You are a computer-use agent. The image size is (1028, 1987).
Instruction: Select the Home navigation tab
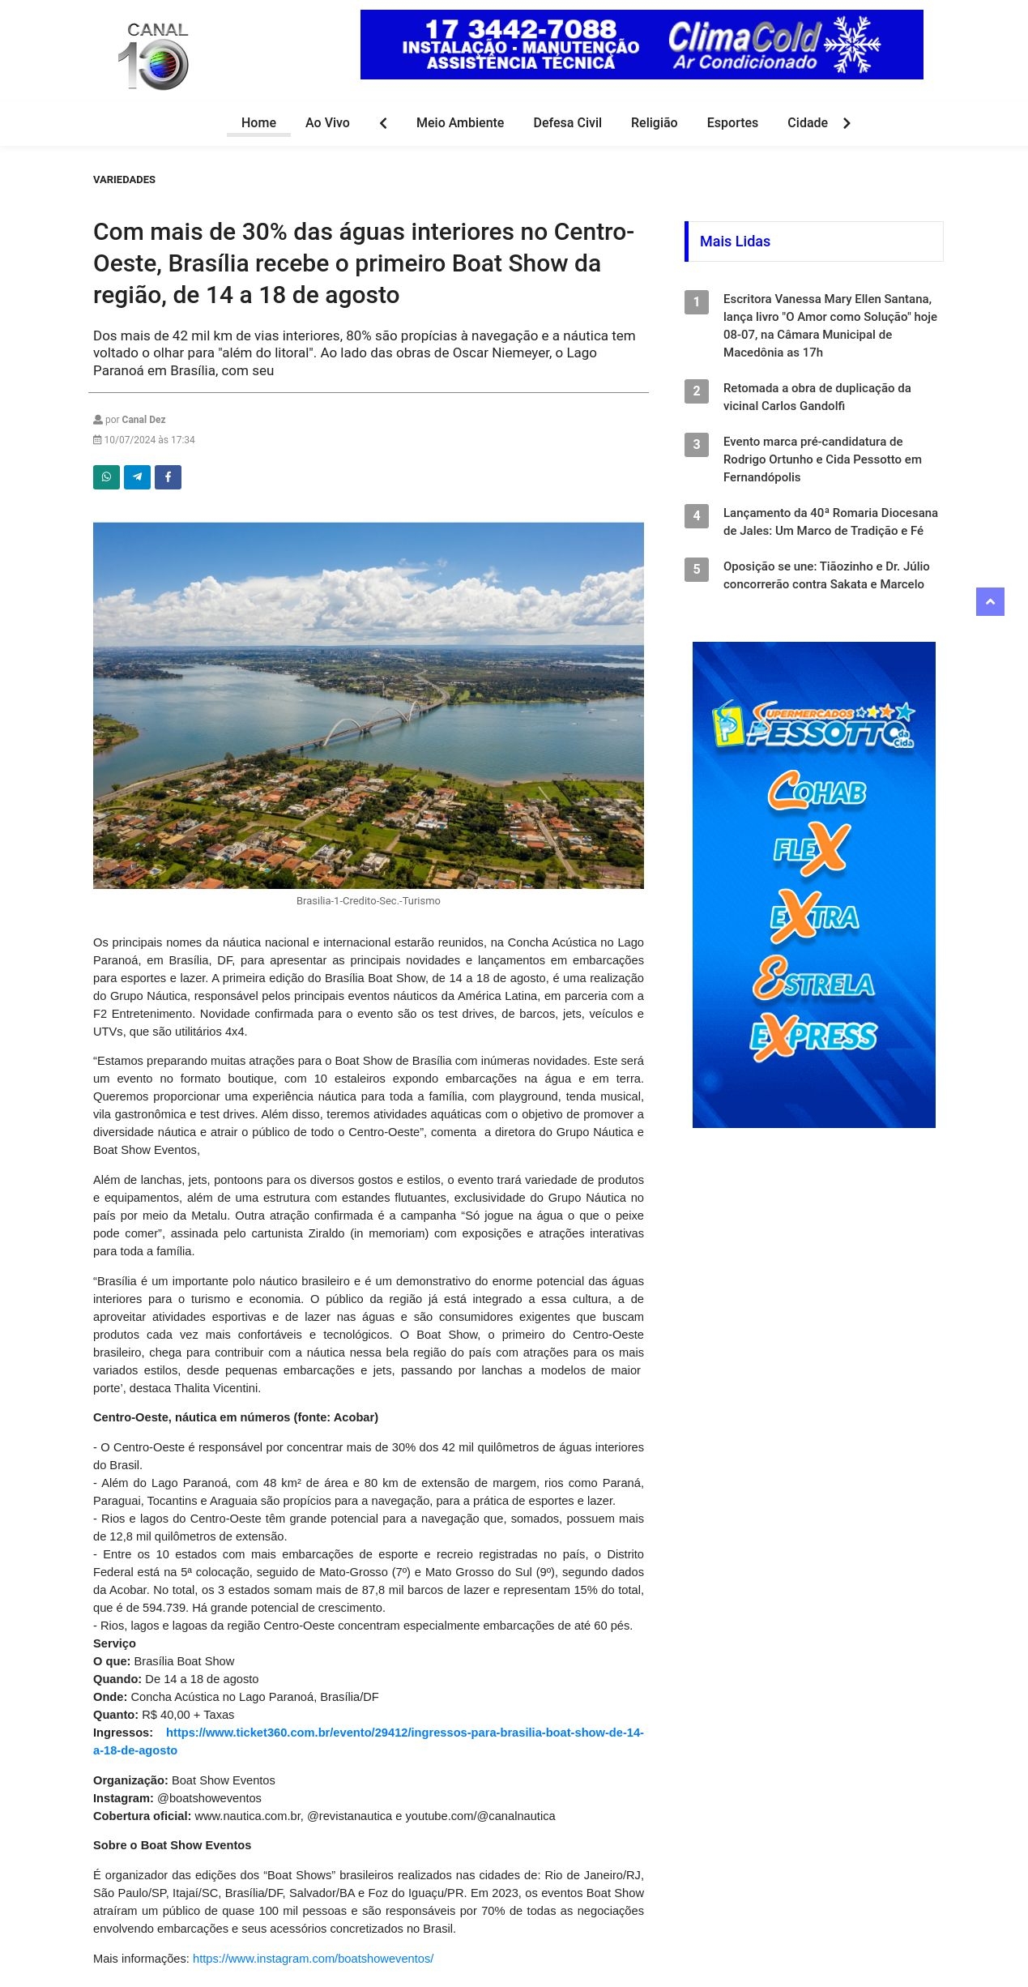pyautogui.click(x=258, y=123)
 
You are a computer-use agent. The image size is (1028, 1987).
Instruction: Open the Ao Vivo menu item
pyautogui.click(x=327, y=123)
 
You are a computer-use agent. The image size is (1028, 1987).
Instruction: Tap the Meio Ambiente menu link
pyautogui.click(x=459, y=123)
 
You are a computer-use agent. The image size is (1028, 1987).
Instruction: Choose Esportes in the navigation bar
pyautogui.click(x=732, y=123)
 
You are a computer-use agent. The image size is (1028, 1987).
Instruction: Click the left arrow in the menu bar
pyautogui.click(x=383, y=123)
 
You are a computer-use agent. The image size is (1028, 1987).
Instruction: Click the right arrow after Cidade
pyautogui.click(x=847, y=123)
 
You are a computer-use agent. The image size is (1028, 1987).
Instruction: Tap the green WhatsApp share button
pyautogui.click(x=106, y=477)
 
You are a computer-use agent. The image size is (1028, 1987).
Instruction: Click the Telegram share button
pyautogui.click(x=137, y=477)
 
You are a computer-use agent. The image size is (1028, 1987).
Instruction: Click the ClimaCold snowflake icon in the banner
pyautogui.click(x=851, y=44)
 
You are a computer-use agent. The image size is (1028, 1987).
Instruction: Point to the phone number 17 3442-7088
pyautogui.click(x=520, y=29)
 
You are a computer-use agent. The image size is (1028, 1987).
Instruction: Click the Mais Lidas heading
pyautogui.click(x=735, y=241)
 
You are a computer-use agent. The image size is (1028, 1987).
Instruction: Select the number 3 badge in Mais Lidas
pyautogui.click(x=696, y=445)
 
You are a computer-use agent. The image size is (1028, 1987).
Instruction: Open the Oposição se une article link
pyautogui.click(x=825, y=575)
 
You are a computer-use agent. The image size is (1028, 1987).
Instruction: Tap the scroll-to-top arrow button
pyautogui.click(x=989, y=602)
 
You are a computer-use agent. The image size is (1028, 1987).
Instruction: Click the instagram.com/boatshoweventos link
pyautogui.click(x=313, y=1959)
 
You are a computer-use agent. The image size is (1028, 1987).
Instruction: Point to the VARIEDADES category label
pyautogui.click(x=124, y=180)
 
